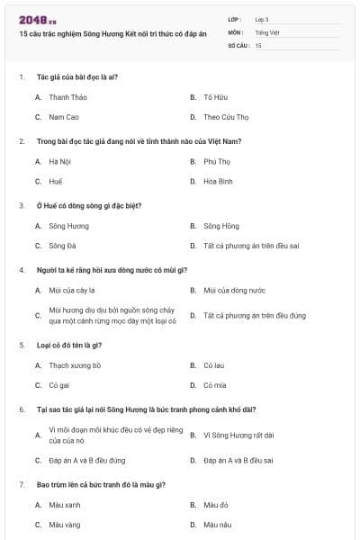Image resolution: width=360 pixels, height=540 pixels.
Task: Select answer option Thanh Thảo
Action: [x=67, y=96]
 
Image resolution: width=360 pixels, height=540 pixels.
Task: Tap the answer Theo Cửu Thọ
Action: [x=226, y=117]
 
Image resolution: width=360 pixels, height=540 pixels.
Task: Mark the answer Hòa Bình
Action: [x=218, y=181]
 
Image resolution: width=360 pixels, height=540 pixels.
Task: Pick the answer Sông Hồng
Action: [x=220, y=226]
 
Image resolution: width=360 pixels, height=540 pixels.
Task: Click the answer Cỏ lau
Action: [x=213, y=365]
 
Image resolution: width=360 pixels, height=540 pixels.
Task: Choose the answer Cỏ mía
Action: [x=214, y=385]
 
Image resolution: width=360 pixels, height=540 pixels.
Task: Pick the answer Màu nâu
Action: [x=218, y=524]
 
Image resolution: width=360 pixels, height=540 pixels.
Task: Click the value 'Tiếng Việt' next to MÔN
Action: [x=267, y=31]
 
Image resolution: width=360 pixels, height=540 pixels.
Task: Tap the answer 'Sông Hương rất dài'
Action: [x=238, y=436]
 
